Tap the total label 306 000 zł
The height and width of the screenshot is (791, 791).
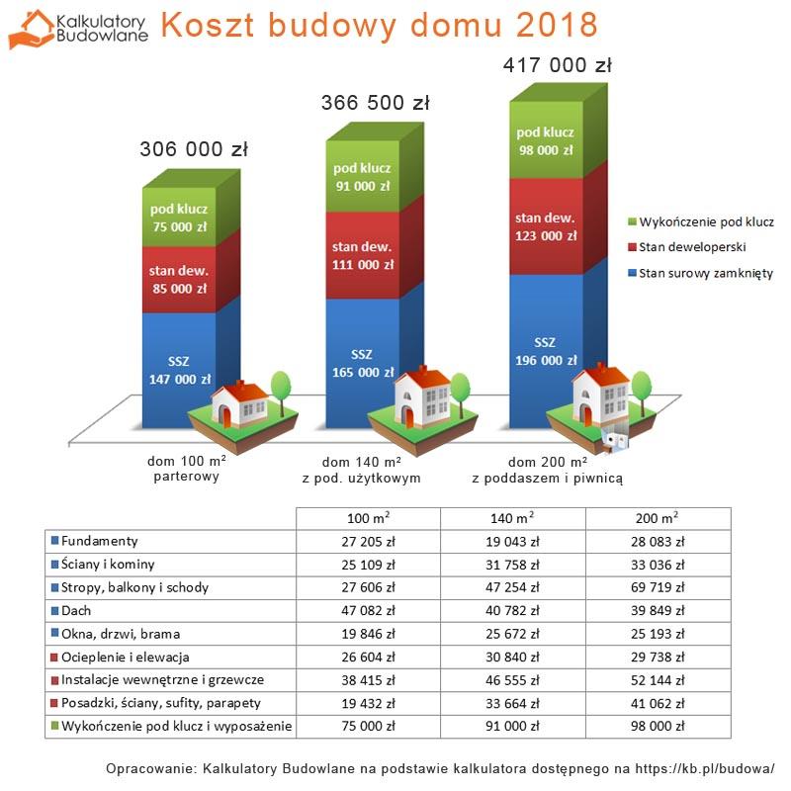(x=193, y=150)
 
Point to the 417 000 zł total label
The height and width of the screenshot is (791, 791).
(x=559, y=66)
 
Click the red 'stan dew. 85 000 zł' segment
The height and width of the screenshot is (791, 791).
(x=178, y=280)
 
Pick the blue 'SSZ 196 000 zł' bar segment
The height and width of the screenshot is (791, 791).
(x=545, y=351)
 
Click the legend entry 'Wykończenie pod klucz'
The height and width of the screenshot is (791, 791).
(x=699, y=221)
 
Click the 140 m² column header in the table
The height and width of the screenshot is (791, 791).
(x=513, y=518)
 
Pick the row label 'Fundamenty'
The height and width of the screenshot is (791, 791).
(x=99, y=542)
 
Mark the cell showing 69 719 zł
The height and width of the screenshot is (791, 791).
(x=658, y=587)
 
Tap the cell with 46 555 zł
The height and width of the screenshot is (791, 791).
(x=513, y=679)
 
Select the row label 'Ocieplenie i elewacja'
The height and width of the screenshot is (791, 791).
(x=125, y=657)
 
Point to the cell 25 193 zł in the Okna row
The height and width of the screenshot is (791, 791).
(x=658, y=633)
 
